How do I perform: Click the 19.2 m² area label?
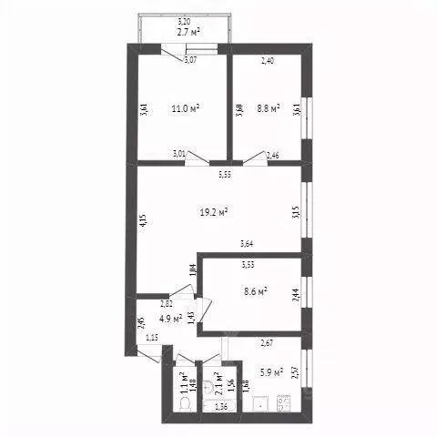pyautogui.click(x=214, y=212)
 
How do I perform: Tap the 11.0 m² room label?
pyautogui.click(x=186, y=107)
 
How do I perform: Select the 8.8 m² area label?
pyautogui.click(x=267, y=107)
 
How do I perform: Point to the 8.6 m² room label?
pyautogui.click(x=255, y=291)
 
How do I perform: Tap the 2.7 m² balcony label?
pyautogui.click(x=188, y=30)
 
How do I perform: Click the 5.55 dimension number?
pyautogui.click(x=223, y=174)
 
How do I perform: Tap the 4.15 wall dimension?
pyautogui.click(x=143, y=219)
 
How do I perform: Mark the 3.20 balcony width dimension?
pyautogui.click(x=184, y=21)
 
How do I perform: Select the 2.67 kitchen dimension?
pyautogui.click(x=268, y=343)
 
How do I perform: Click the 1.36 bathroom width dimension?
pyautogui.click(x=220, y=406)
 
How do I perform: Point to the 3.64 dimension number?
pyautogui.click(x=247, y=243)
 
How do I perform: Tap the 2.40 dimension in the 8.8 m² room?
pyautogui.click(x=268, y=61)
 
